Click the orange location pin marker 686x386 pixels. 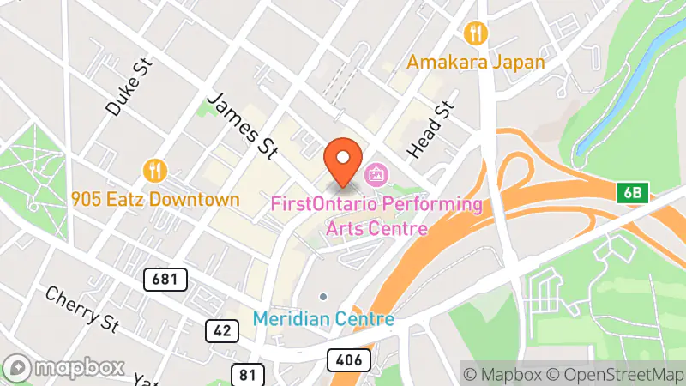tap(343, 160)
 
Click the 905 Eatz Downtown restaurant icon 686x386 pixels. tap(154, 171)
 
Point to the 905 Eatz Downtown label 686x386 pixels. tap(155, 199)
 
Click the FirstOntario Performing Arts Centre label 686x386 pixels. tap(376, 216)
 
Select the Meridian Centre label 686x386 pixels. tap(323, 319)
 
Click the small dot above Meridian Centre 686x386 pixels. tap(323, 297)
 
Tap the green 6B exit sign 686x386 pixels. tap(632, 193)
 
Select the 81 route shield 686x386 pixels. tap(246, 373)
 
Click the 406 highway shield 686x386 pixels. tap(349, 358)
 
